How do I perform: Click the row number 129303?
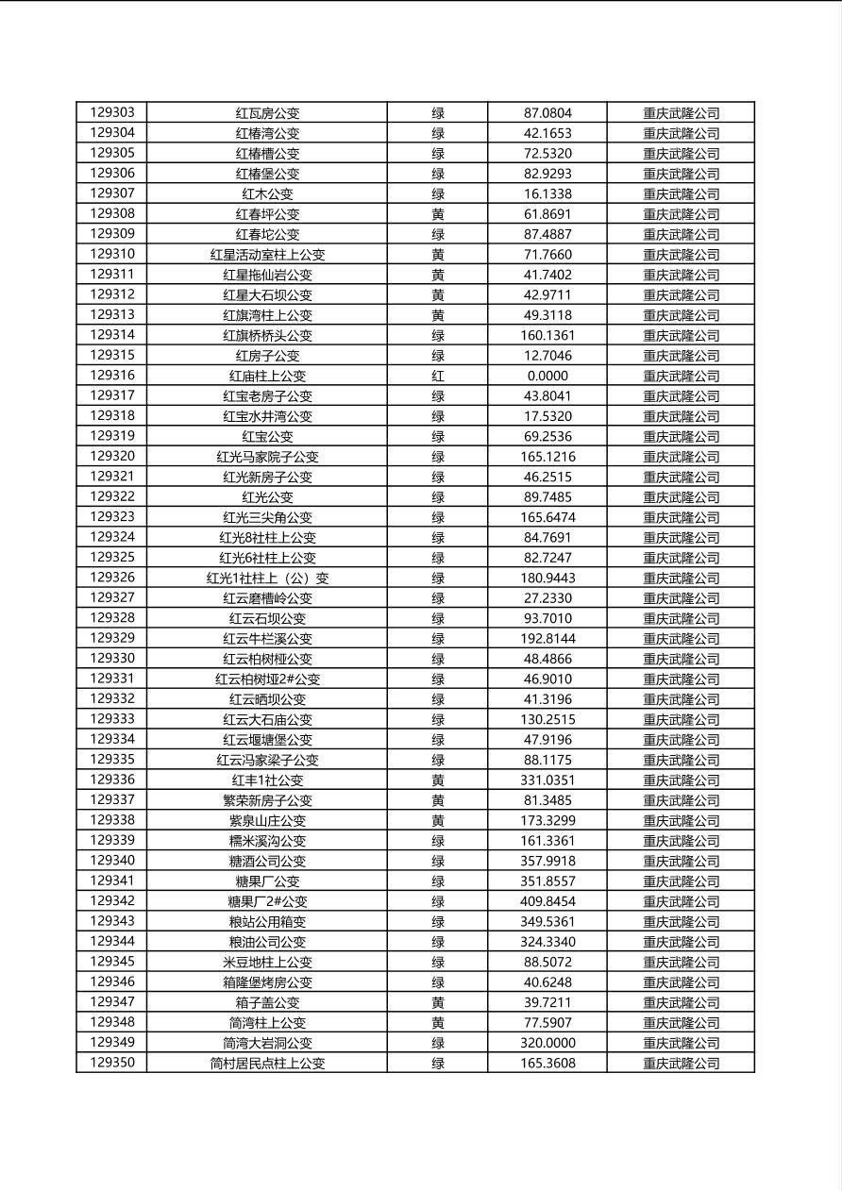pos(112,112)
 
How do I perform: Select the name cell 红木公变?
pos(267,193)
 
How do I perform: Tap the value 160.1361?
pos(547,335)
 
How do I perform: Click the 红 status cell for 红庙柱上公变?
pos(438,376)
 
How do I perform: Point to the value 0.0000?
pos(547,376)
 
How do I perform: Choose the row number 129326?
pos(112,578)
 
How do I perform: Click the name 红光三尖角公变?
pos(267,517)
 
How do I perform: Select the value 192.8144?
pos(547,638)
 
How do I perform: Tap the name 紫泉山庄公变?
pos(267,820)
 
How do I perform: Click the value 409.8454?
pos(547,901)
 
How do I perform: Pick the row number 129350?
pos(112,1063)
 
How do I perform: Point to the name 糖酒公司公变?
pos(267,861)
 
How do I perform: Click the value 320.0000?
pos(547,1043)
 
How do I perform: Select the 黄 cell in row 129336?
pos(438,780)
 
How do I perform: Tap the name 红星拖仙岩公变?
pos(267,275)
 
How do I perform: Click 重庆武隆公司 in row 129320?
pos(681,457)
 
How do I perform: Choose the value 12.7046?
pos(547,356)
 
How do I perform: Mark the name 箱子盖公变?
pos(267,1002)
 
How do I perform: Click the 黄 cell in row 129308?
pos(438,214)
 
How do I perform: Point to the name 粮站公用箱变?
pos(267,921)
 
